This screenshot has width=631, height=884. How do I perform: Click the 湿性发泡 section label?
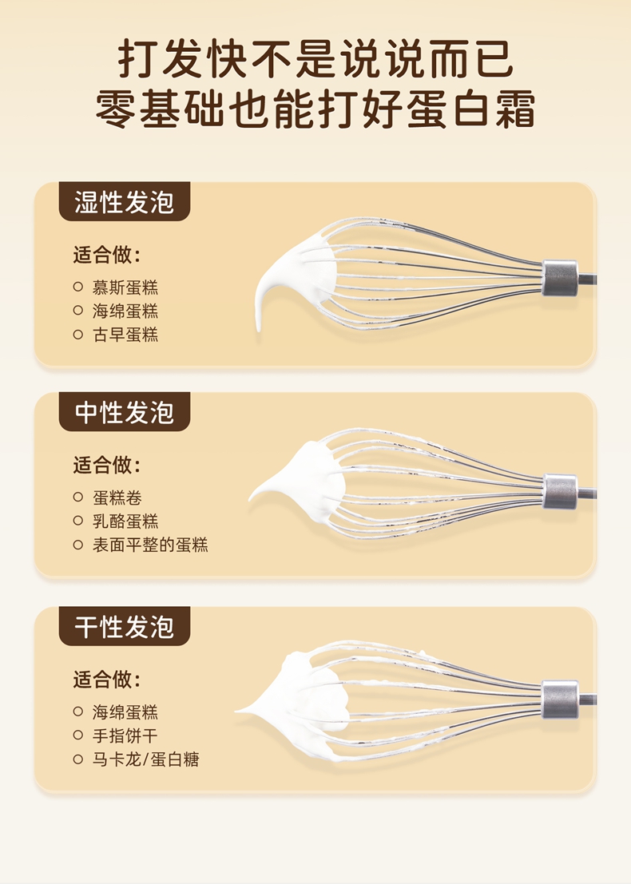point(125,202)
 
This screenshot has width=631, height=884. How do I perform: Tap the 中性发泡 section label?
point(125,412)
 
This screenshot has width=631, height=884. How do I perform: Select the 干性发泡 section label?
point(125,626)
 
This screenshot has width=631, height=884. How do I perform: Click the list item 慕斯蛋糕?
point(125,287)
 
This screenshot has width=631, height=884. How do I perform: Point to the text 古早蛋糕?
point(125,335)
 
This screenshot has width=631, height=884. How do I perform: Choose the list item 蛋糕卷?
point(117,497)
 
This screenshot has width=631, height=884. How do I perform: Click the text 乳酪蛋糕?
point(125,521)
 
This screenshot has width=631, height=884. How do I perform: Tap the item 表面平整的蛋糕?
point(150,545)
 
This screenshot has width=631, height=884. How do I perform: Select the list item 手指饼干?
point(125,735)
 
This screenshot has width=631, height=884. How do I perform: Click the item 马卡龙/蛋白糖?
point(146,759)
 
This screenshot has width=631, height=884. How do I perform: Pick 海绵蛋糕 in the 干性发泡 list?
point(125,712)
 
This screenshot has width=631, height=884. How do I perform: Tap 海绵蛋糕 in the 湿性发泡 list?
point(125,311)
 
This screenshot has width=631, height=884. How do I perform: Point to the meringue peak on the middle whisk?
point(252,498)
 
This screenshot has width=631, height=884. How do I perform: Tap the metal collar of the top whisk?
point(560,278)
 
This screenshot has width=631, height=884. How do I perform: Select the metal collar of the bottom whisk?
point(560,700)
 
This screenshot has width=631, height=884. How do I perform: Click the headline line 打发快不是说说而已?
point(315,59)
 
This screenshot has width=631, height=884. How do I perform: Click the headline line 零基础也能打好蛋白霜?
point(315,108)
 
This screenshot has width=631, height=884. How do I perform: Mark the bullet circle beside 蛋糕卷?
point(78,497)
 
